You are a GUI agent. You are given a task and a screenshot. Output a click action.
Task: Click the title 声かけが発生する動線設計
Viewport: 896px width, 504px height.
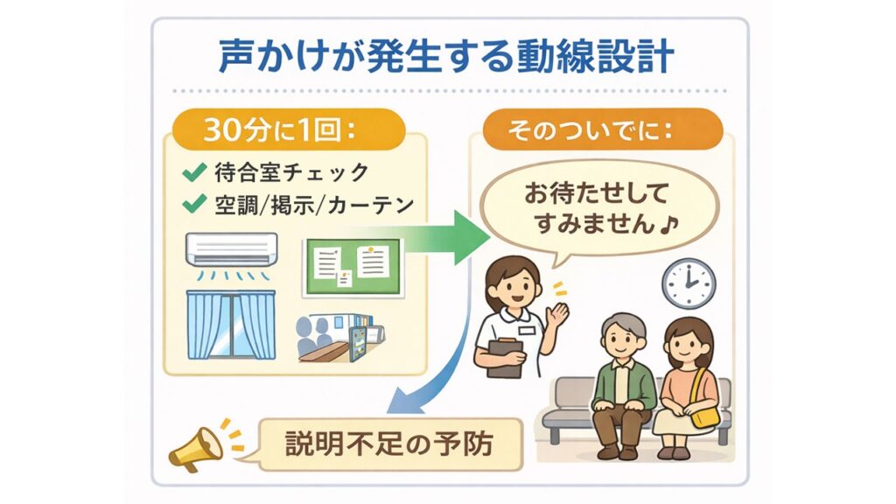tap(446, 56)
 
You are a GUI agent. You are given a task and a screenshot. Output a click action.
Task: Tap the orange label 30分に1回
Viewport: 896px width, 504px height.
tap(280, 130)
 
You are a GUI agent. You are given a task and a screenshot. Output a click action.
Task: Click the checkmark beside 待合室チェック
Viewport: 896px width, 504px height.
tap(194, 172)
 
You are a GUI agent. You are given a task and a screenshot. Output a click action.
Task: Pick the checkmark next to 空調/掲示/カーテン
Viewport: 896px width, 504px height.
tap(194, 204)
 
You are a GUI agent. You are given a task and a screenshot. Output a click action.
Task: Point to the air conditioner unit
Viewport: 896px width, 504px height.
tap(231, 249)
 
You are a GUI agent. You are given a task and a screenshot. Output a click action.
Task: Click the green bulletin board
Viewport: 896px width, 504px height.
tap(353, 268)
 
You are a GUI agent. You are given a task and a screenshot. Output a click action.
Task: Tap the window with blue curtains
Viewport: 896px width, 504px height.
tap(231, 325)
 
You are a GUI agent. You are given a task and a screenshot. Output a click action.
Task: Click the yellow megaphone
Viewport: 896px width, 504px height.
tap(195, 450)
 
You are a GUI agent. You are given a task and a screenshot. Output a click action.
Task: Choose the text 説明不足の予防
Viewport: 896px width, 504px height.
tap(388, 444)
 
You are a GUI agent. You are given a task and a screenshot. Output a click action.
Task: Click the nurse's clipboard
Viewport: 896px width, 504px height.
tap(504, 357)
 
